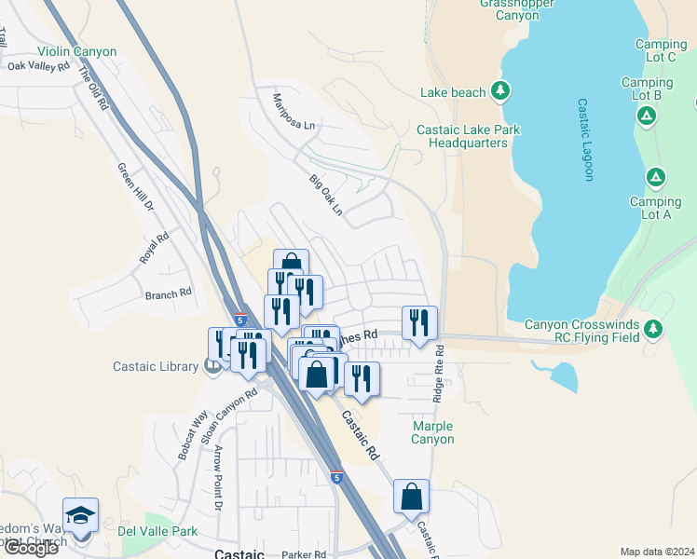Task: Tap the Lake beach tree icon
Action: [501, 90]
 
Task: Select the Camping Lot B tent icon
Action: [645, 115]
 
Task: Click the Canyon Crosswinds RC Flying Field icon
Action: [654, 327]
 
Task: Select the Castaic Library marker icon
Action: [212, 366]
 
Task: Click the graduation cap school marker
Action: [81, 516]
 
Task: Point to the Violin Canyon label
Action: [77, 52]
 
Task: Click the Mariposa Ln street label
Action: [294, 111]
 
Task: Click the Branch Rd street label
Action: [168, 293]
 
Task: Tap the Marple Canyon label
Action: [432, 432]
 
